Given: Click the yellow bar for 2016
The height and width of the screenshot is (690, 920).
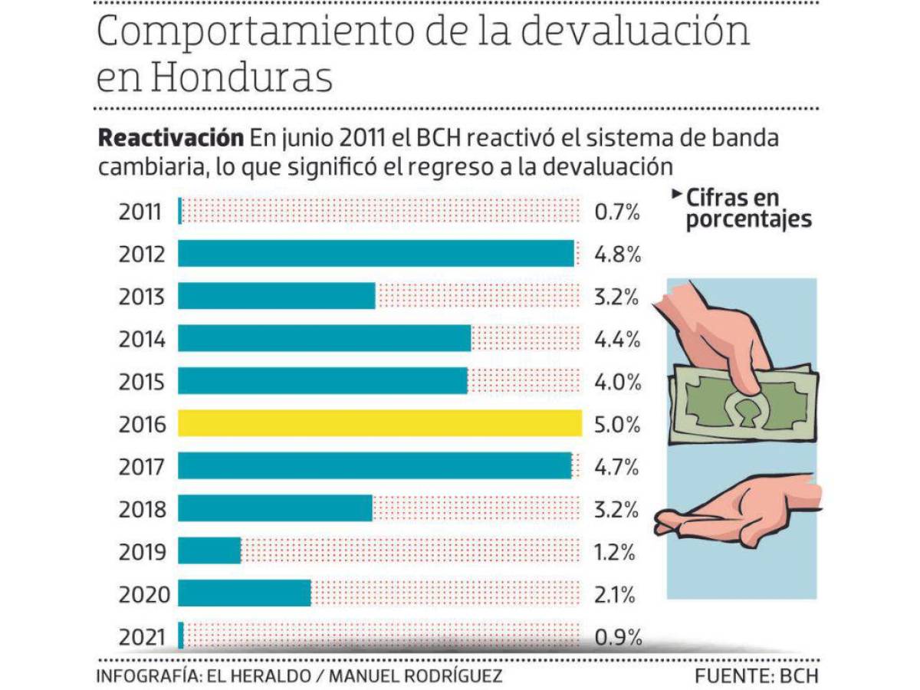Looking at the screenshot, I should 379,423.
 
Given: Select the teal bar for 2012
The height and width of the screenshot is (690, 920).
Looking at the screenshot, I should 376,253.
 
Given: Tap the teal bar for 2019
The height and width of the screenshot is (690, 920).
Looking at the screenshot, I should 209,550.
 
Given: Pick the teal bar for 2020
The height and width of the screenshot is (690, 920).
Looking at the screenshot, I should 245,593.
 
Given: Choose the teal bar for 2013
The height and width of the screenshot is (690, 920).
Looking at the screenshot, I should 277,296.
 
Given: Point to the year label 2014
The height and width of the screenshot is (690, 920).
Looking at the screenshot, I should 142,338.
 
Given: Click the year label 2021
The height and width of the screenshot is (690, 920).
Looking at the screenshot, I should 142,636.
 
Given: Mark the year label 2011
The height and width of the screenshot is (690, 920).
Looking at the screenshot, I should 142,212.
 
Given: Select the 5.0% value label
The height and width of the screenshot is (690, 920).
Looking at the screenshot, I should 617,424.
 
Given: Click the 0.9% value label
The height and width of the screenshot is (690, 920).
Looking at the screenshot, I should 617,636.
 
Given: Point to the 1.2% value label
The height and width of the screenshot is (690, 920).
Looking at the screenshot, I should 617,551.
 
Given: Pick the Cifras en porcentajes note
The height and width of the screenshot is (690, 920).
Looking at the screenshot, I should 747,208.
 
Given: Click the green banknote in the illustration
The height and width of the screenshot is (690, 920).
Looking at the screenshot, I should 744,402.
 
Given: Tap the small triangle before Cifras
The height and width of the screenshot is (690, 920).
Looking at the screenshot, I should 676,195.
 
